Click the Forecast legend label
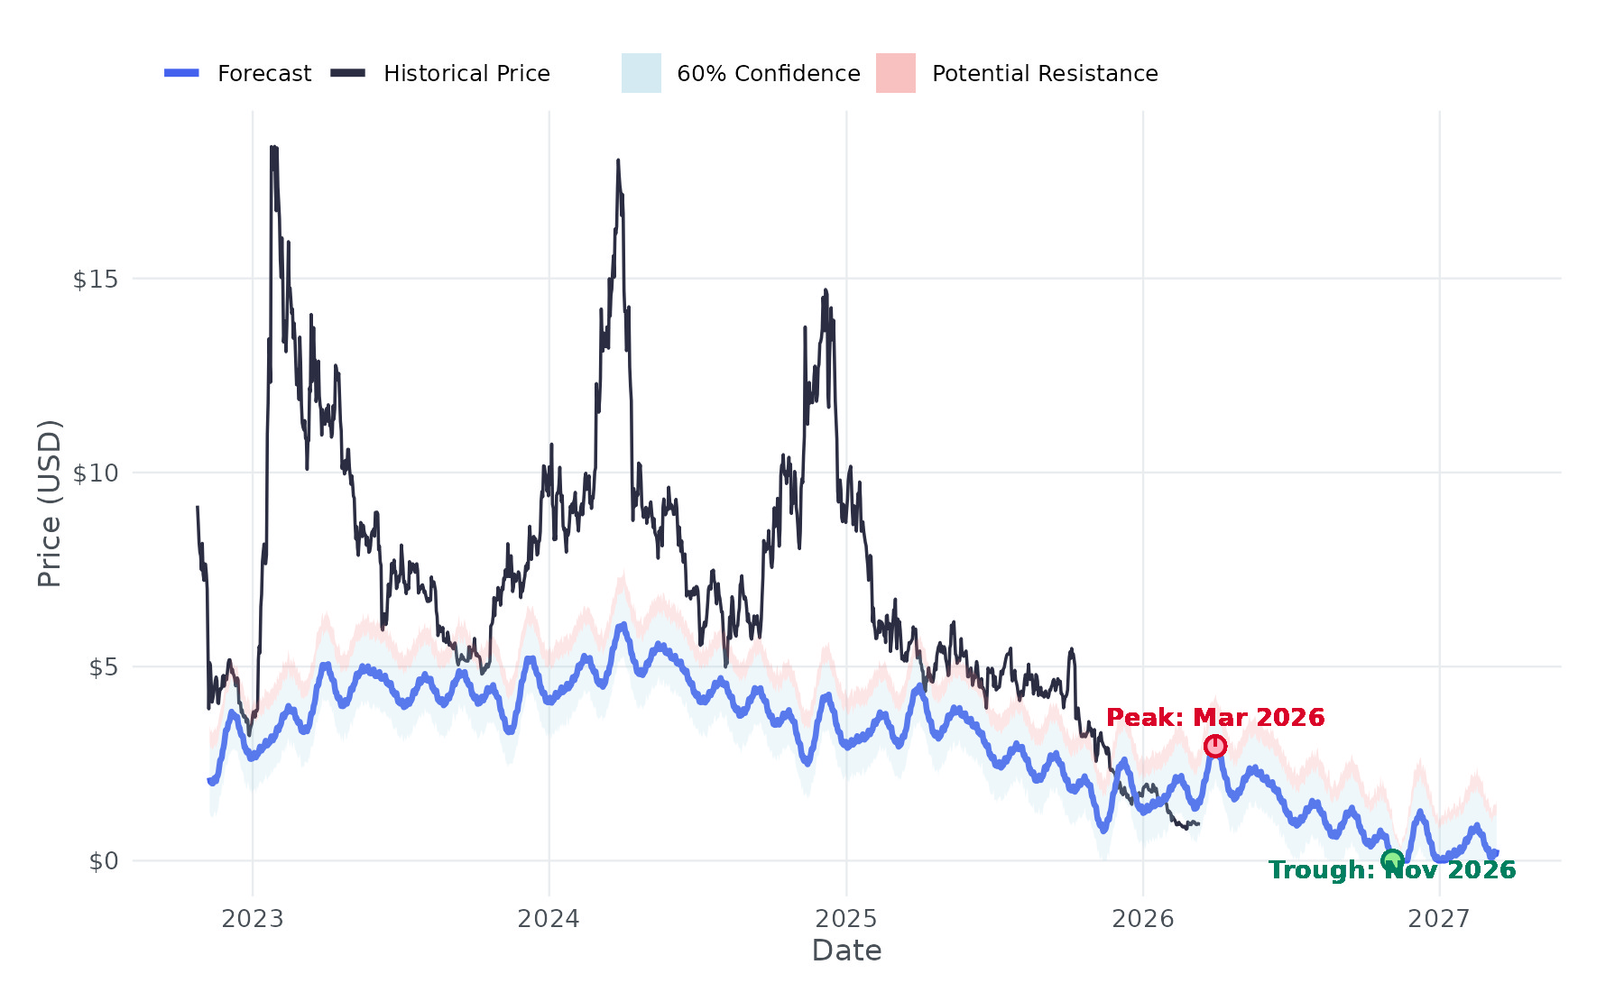click(x=263, y=74)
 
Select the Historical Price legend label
click(x=466, y=74)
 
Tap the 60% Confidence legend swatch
click(x=641, y=73)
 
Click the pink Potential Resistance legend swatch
click(x=895, y=73)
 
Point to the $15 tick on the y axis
click(x=95, y=280)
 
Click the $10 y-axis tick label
click(x=95, y=473)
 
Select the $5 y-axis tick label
click(x=103, y=667)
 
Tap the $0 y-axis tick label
click(x=103, y=861)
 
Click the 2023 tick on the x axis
click(x=253, y=919)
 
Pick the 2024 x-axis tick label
click(x=549, y=919)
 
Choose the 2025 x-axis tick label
click(x=846, y=919)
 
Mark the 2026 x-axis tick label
click(x=1143, y=919)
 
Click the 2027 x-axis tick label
click(x=1439, y=919)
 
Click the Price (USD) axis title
click(x=50, y=503)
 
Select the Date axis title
click(x=846, y=951)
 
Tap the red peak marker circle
click(x=1215, y=746)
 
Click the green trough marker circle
click(x=1392, y=860)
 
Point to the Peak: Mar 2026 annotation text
click(x=1215, y=718)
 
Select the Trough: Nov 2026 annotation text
click(x=1392, y=870)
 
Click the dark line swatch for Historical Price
click(x=348, y=73)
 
